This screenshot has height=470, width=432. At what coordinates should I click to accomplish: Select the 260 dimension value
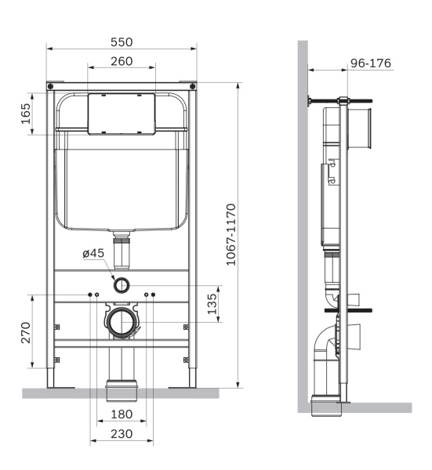[121, 61]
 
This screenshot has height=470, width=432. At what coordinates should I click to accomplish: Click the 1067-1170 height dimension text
[231, 235]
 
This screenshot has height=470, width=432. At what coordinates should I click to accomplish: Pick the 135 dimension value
[210, 304]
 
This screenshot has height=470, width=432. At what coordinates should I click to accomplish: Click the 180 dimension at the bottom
[121, 413]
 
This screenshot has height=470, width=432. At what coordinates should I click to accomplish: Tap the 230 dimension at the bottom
[121, 432]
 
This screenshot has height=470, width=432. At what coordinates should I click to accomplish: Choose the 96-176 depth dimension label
[370, 63]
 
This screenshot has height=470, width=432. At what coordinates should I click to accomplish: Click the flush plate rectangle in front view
[122, 114]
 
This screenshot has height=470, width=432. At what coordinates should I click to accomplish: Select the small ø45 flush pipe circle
[122, 284]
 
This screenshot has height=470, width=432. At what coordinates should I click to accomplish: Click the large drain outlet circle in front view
[122, 321]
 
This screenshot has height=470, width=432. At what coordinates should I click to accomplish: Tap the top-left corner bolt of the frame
[51, 85]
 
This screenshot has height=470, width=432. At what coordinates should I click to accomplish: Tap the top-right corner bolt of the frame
[192, 85]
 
